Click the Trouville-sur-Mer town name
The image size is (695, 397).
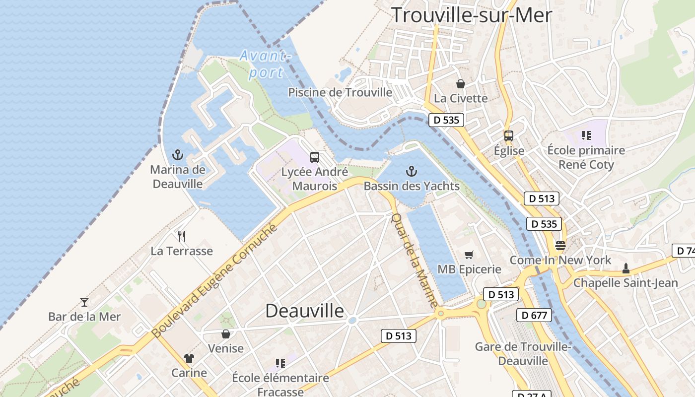point(472,15)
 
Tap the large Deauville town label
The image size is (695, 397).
point(304,311)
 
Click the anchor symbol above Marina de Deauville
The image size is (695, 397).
point(177,155)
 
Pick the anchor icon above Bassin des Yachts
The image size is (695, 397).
point(411,172)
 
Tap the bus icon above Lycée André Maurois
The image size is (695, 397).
point(315,157)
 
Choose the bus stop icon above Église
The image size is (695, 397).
point(509,136)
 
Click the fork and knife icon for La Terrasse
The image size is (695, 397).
point(182,236)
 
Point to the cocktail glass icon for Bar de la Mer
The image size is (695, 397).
point(84,302)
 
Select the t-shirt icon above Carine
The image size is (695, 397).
point(189,358)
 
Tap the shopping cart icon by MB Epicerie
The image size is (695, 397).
point(469,255)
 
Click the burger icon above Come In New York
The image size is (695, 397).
point(560,245)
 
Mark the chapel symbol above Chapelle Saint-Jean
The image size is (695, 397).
point(625,268)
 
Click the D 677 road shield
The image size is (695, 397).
point(534,315)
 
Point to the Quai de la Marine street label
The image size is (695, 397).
point(416,261)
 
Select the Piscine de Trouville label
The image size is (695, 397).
point(340,92)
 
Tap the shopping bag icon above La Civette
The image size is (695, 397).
point(461,84)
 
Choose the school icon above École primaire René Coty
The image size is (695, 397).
point(586,135)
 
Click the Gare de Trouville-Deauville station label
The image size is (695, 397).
point(523,353)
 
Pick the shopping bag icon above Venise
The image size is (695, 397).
point(226,334)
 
